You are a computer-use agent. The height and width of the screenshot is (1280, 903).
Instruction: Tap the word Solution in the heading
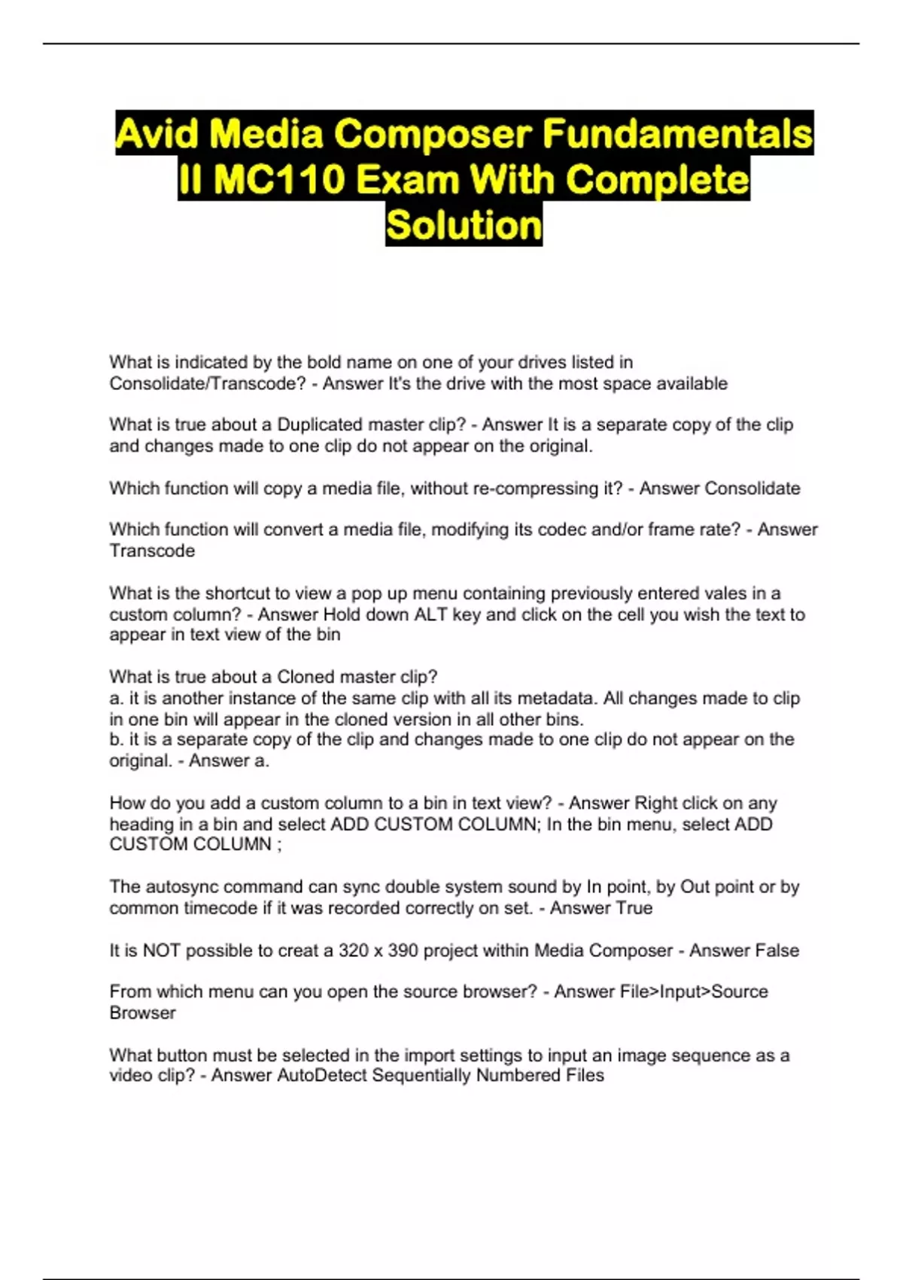click(x=464, y=224)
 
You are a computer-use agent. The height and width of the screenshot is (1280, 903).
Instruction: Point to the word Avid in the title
click(x=155, y=134)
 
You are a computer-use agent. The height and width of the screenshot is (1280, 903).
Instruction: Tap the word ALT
click(x=431, y=614)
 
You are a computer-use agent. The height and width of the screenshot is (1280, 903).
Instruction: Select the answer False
click(x=777, y=950)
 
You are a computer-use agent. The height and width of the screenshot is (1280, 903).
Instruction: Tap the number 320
click(x=353, y=950)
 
